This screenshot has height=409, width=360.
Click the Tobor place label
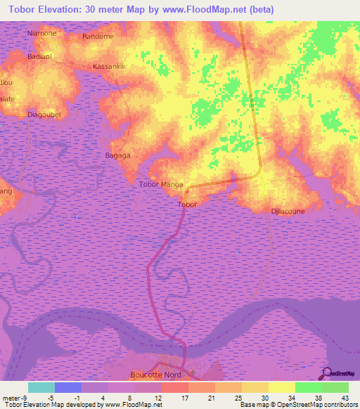click(x=187, y=204)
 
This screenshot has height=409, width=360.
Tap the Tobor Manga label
click(x=162, y=185)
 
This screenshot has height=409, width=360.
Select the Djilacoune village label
click(x=288, y=210)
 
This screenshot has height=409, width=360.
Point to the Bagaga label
click(x=117, y=155)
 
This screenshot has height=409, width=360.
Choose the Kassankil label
click(x=108, y=67)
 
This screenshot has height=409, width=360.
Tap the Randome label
click(x=98, y=36)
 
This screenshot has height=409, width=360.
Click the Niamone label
click(x=41, y=33)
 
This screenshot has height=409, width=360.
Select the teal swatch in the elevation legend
click(x=41, y=387)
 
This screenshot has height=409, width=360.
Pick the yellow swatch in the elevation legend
click(x=281, y=387)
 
